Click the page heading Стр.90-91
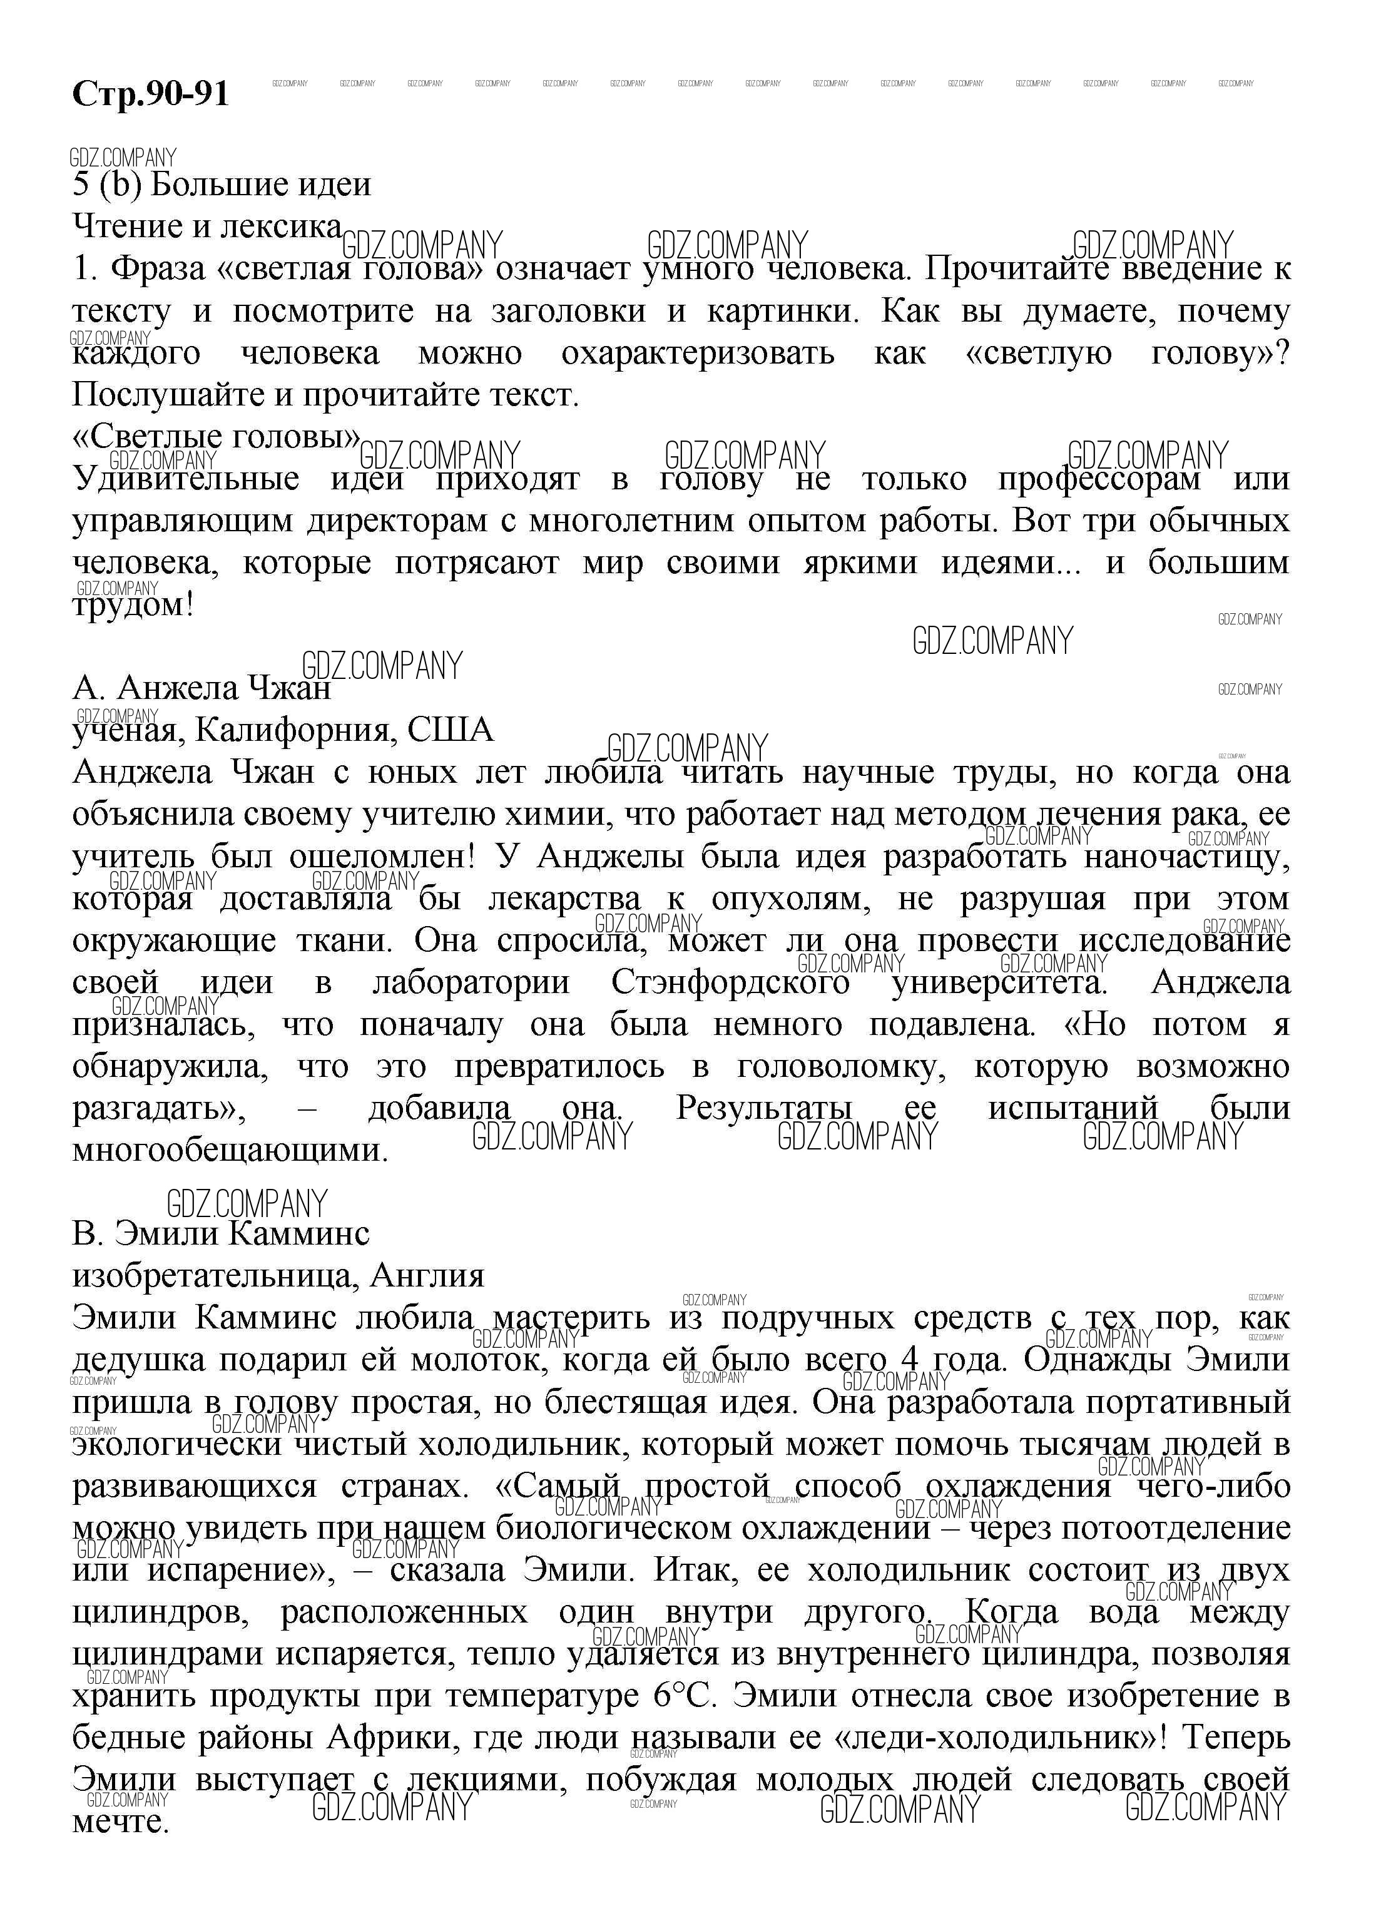pos(150,94)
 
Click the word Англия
pos(427,1276)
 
